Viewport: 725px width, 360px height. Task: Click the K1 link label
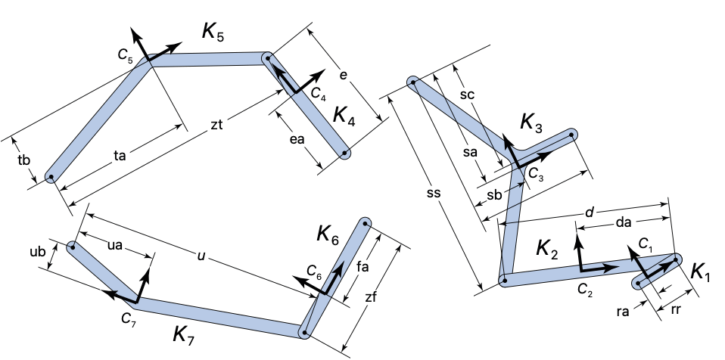[x=701, y=273]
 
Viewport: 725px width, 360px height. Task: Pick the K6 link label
[x=329, y=234]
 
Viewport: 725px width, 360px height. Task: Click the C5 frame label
[x=125, y=54]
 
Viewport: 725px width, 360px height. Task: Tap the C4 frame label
[x=318, y=94]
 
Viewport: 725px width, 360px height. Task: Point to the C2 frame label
[x=585, y=288]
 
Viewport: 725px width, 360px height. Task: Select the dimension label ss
[x=434, y=194]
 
